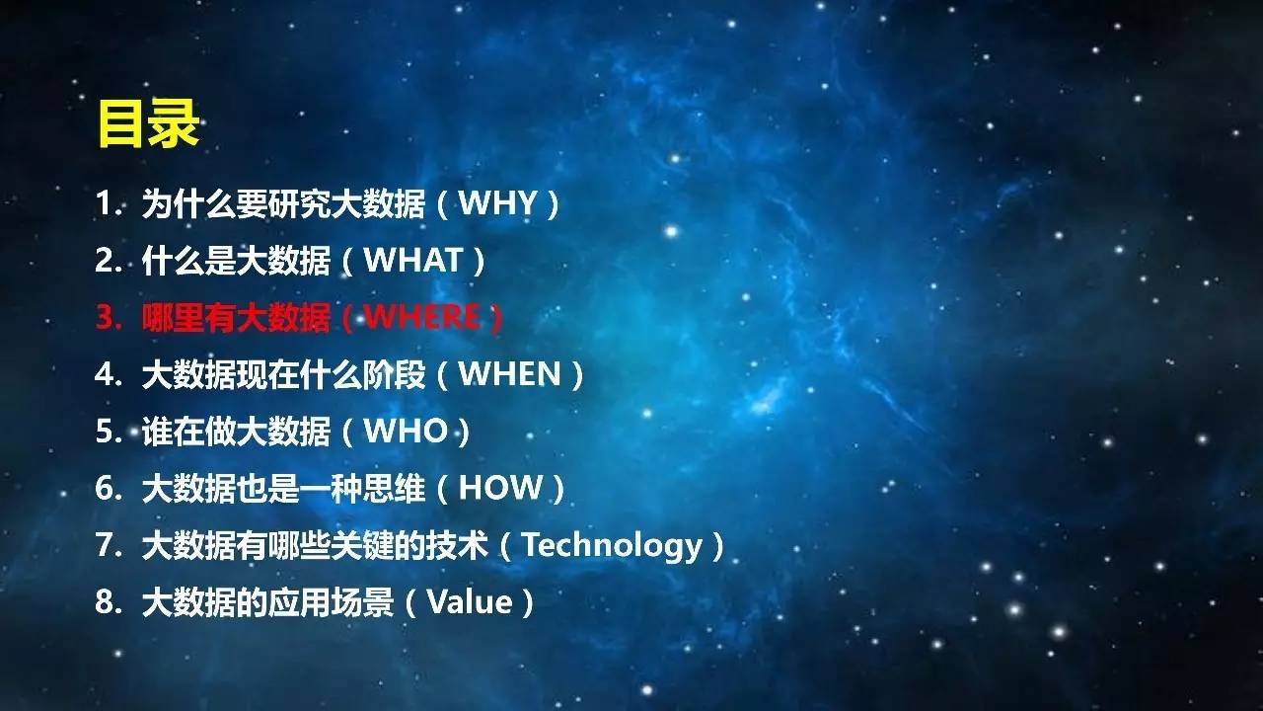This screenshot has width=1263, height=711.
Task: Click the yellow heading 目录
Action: click(x=148, y=123)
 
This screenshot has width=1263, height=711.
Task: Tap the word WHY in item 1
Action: click(x=497, y=202)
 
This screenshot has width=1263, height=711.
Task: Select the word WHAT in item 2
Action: click(x=413, y=260)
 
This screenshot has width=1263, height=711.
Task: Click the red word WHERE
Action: click(x=422, y=317)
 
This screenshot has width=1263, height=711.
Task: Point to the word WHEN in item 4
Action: click(x=510, y=373)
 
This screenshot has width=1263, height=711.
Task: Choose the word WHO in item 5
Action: click(x=406, y=431)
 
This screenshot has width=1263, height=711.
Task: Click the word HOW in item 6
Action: click(x=500, y=488)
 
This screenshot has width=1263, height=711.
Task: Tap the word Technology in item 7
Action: click(x=612, y=546)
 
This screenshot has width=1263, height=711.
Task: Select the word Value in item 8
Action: click(x=470, y=601)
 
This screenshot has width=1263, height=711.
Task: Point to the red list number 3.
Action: click(x=109, y=317)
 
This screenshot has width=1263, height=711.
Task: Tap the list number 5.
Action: click(x=109, y=431)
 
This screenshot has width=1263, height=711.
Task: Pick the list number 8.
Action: click(x=109, y=601)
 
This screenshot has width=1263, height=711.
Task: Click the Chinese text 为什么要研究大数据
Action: click(x=283, y=203)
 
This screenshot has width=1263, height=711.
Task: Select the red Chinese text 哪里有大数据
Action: click(x=236, y=317)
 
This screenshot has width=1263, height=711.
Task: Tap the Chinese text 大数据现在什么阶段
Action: click(x=283, y=374)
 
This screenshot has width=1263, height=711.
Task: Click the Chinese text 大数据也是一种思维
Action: click(x=283, y=488)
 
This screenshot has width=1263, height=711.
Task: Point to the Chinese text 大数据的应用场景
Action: click(x=267, y=602)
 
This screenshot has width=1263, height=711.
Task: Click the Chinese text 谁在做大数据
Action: click(x=236, y=432)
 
